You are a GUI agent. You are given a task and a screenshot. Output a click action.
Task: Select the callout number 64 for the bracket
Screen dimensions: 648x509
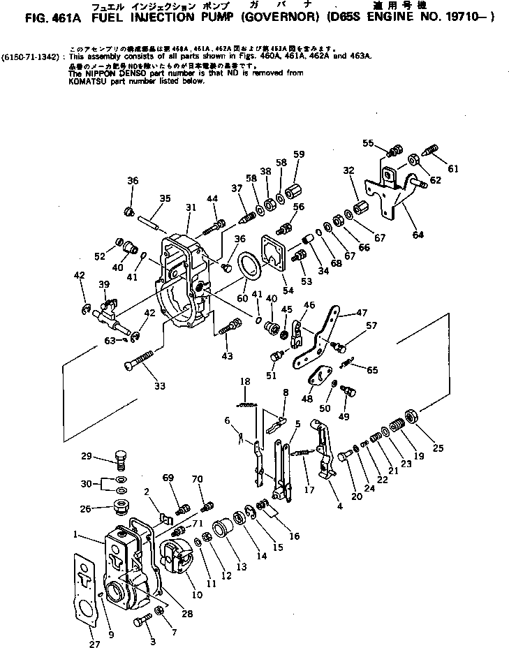(418, 235)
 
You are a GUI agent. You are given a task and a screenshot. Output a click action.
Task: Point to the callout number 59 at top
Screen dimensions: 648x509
(299, 154)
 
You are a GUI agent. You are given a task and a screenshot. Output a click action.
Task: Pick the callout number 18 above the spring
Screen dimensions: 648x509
(244, 381)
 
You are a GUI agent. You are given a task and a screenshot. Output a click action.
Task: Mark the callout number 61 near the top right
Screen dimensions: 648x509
(454, 168)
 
